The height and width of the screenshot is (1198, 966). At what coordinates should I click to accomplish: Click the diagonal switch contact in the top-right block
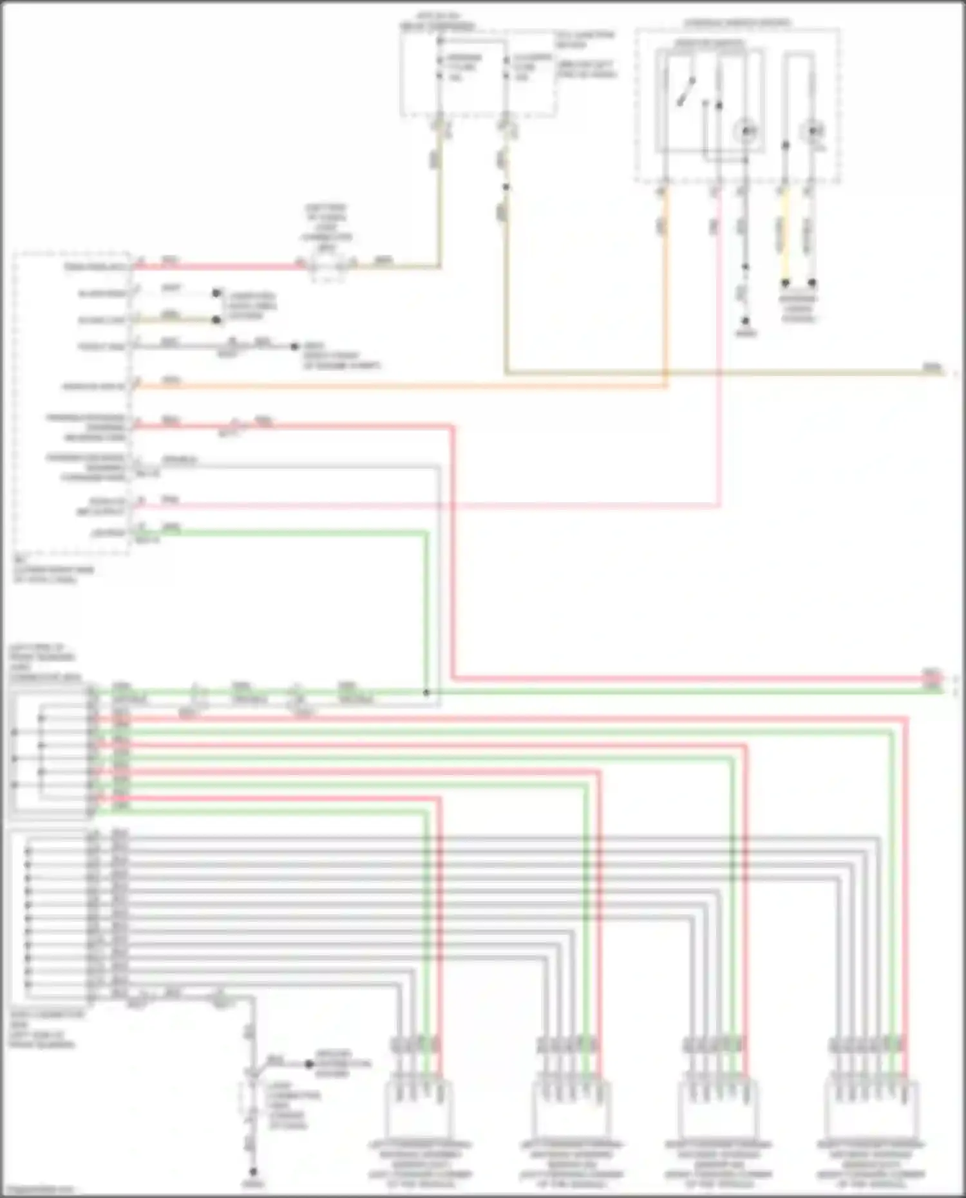pyautogui.click(x=687, y=91)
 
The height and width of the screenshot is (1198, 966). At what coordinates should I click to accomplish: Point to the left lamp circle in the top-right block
pyautogui.click(x=746, y=131)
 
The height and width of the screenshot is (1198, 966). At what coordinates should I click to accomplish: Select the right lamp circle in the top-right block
pyautogui.click(x=812, y=131)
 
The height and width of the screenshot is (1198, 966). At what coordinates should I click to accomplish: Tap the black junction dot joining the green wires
pyautogui.click(x=426, y=693)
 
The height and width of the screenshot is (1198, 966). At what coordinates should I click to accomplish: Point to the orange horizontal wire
pyautogui.click(x=399, y=386)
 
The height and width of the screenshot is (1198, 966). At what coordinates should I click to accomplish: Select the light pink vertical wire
pyautogui.click(x=719, y=348)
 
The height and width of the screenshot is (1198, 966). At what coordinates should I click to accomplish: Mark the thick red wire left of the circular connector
pyautogui.click(x=219, y=265)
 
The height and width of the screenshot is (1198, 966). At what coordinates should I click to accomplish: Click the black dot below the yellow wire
pyautogui.click(x=785, y=283)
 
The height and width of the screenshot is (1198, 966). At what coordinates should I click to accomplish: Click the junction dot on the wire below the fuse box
pyautogui.click(x=506, y=187)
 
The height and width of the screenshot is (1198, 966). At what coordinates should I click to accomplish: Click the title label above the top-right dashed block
pyautogui.click(x=737, y=23)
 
